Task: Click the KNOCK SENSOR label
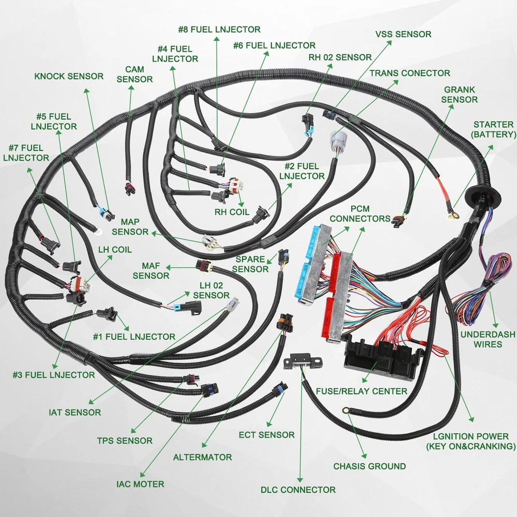(x=69, y=77)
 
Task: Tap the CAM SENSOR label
(x=134, y=74)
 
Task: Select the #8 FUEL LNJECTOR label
(x=219, y=29)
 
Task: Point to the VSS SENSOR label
(x=403, y=34)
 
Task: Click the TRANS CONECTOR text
(x=409, y=73)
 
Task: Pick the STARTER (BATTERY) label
(x=493, y=129)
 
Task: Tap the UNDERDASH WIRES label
(x=488, y=339)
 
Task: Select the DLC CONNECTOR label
(x=298, y=489)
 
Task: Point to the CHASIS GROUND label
(x=369, y=466)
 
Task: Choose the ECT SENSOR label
(x=266, y=435)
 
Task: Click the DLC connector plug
(x=301, y=360)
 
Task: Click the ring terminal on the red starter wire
(x=453, y=212)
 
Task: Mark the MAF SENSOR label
(x=151, y=270)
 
